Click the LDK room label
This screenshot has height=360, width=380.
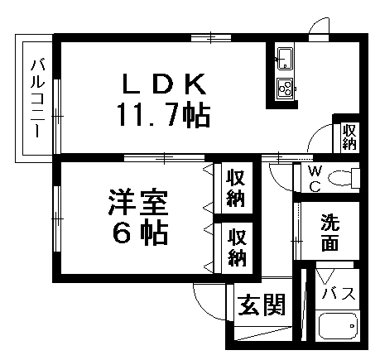pyautogui.click(x=164, y=84)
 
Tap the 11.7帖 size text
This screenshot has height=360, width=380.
pyautogui.click(x=164, y=115)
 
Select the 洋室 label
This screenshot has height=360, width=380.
pyautogui.click(x=138, y=202)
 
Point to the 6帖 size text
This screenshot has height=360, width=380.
pyautogui.click(x=140, y=233)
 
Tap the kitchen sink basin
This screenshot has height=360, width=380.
pyautogui.click(x=285, y=59)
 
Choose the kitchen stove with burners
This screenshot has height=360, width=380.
pyautogui.click(x=285, y=89)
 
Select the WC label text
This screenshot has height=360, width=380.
pyautogui.click(x=315, y=179)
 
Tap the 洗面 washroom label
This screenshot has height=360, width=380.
pyautogui.click(x=330, y=233)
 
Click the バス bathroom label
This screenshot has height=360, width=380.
pyautogui.click(x=339, y=293)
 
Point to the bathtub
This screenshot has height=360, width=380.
pyautogui.click(x=338, y=325)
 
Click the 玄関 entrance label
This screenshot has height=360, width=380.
pyautogui.click(x=262, y=305)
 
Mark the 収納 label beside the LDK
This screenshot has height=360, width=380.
pyautogui.click(x=349, y=137)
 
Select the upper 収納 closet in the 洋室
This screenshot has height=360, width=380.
pyautogui.click(x=236, y=189)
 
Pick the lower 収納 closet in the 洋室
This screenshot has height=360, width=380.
pyautogui.click(x=237, y=247)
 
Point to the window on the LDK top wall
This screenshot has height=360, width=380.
pyautogui.click(x=211, y=38)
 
